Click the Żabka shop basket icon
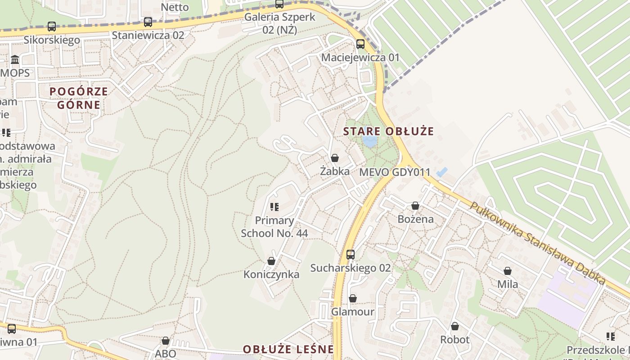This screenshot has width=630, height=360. pos(334,158)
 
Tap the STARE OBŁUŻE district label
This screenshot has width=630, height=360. pos(388,131)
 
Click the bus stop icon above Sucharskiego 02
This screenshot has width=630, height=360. pos(351,255)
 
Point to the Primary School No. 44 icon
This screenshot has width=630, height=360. pos(274,207)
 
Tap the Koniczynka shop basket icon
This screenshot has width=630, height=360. pos(271,261)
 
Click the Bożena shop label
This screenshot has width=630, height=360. pos(415,219)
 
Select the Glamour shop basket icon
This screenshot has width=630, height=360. pos(353,299)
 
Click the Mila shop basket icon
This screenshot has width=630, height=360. pos(508,271)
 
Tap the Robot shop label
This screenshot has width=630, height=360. pos(455,339)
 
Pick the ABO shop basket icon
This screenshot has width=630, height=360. pos(166,341)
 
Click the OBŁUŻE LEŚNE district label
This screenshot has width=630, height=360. pos(288,349)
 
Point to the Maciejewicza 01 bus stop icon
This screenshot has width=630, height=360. pos(360,44)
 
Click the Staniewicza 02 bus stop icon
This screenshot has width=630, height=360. pos(148,22)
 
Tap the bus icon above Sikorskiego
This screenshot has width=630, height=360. pos(52,27)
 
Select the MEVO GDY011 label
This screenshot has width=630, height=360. pos(395,172)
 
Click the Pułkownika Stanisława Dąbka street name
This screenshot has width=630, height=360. pos(537,243)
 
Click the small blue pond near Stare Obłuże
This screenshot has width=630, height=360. pos(370,142)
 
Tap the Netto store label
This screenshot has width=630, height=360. pos(175,7)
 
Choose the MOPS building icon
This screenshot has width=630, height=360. pos(15,60)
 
